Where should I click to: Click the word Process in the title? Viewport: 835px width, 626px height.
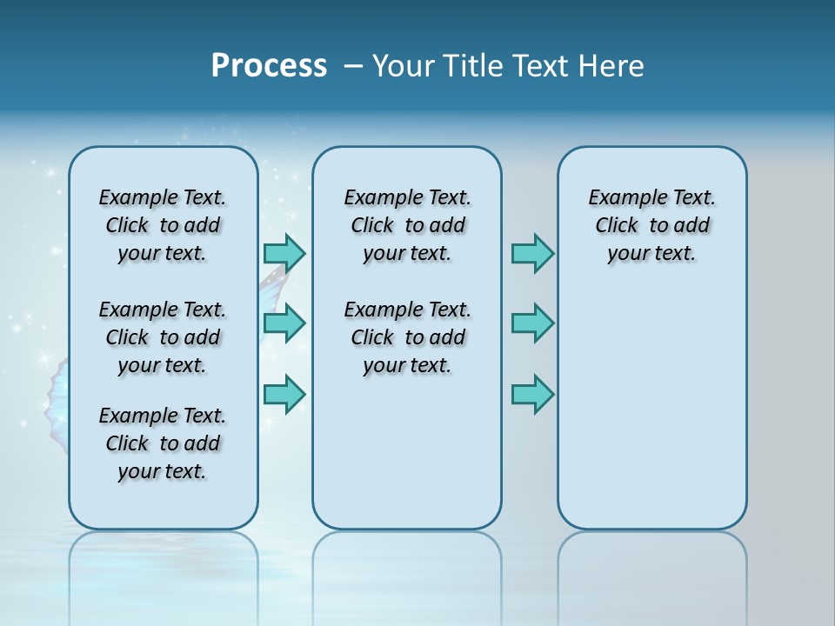coord(269,66)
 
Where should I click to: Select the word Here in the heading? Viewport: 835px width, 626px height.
coord(611,66)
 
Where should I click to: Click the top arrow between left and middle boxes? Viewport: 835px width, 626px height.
coord(284,253)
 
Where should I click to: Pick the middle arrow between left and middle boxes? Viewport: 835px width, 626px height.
coord(284,323)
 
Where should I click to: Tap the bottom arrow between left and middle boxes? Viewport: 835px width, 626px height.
coord(284,394)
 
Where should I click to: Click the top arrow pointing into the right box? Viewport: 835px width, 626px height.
coord(532,253)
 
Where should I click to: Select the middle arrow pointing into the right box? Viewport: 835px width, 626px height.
coord(532,323)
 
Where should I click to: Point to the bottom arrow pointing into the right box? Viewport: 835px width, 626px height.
coord(532,394)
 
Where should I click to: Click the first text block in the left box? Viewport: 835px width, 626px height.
coord(163,225)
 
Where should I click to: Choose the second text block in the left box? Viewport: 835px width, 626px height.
coord(163,337)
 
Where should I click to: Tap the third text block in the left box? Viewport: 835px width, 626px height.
coord(163,443)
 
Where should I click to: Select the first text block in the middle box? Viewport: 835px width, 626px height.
coord(407,225)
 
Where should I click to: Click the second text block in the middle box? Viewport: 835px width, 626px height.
coord(407,337)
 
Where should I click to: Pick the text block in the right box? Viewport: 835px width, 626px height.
coord(651,225)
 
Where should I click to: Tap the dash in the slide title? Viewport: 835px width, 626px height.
coord(352,66)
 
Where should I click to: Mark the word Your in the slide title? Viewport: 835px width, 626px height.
coord(403,66)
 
